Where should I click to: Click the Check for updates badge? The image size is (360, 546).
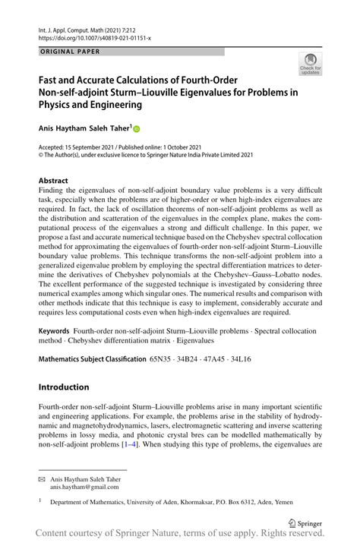pyautogui.click(x=310, y=64)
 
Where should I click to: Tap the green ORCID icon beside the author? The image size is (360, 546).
pyautogui.click(x=138, y=129)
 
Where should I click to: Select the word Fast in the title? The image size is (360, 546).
pyautogui.click(x=49, y=80)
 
